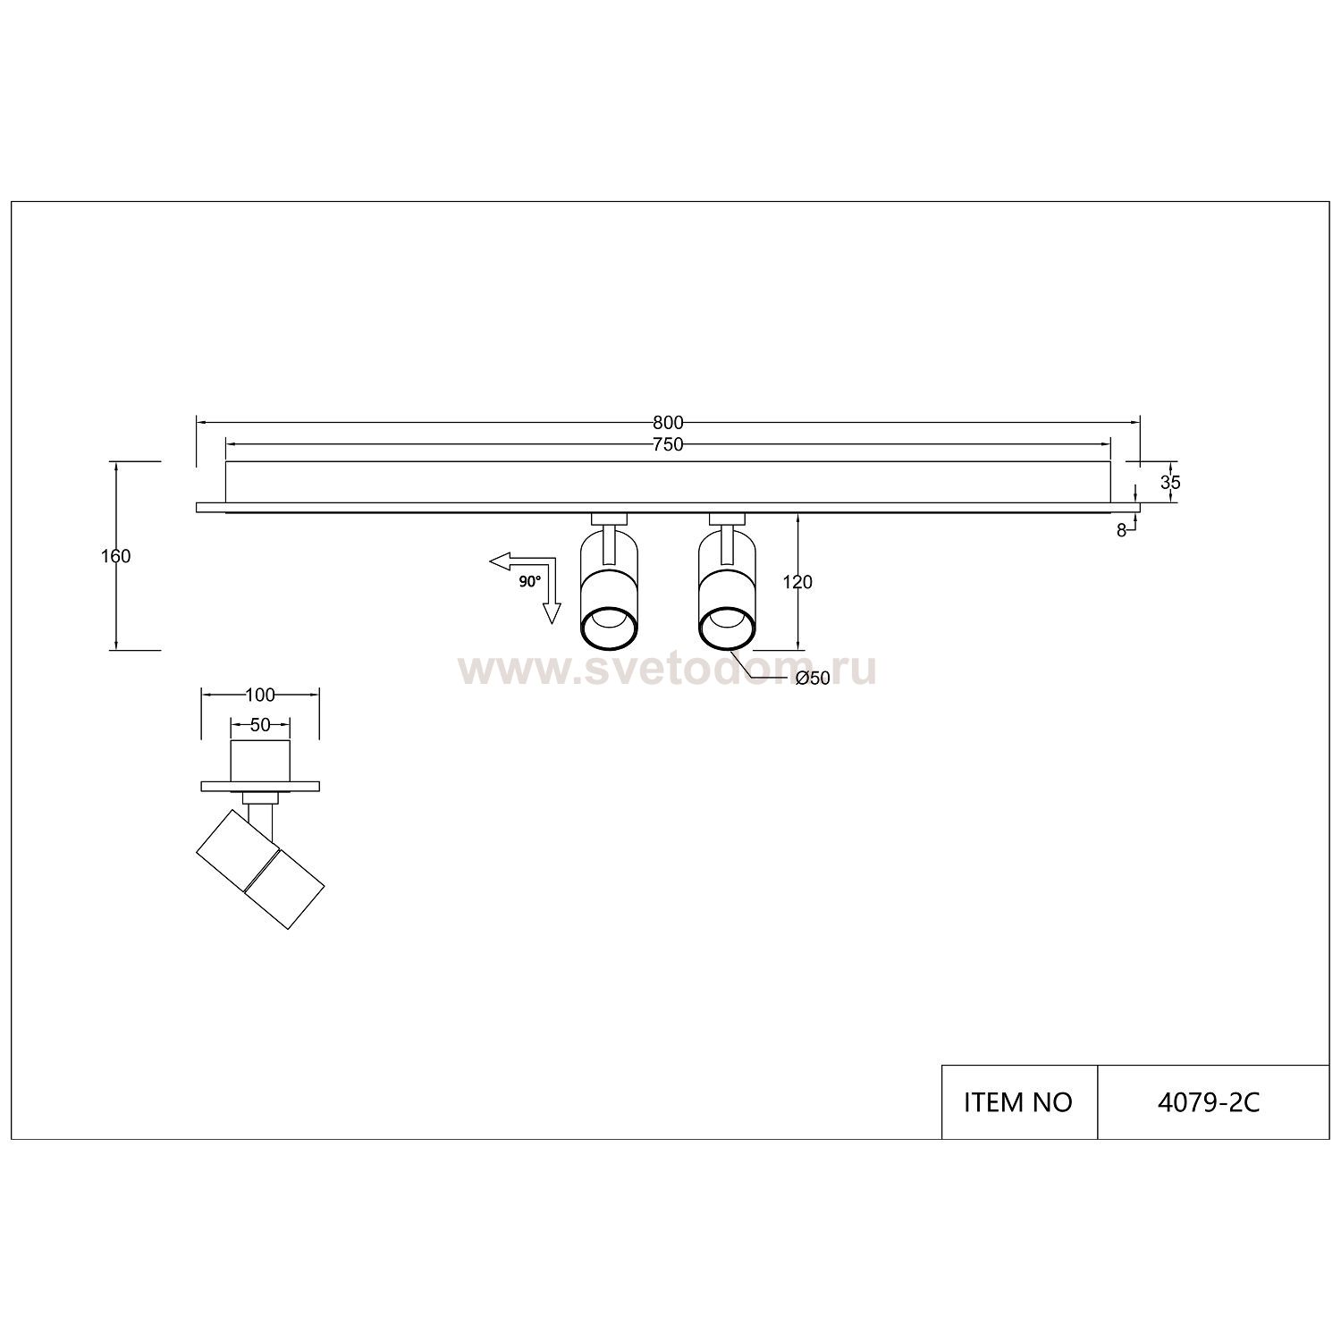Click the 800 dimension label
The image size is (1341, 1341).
(x=668, y=422)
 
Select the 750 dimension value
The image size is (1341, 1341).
(x=668, y=444)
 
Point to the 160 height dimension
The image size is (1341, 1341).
(x=116, y=556)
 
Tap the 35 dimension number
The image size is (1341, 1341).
(x=1170, y=483)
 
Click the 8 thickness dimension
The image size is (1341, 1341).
(x=1121, y=529)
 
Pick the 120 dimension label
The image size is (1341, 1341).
(x=797, y=583)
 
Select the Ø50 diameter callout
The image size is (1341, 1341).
(x=813, y=679)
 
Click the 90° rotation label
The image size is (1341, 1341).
(x=530, y=582)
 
